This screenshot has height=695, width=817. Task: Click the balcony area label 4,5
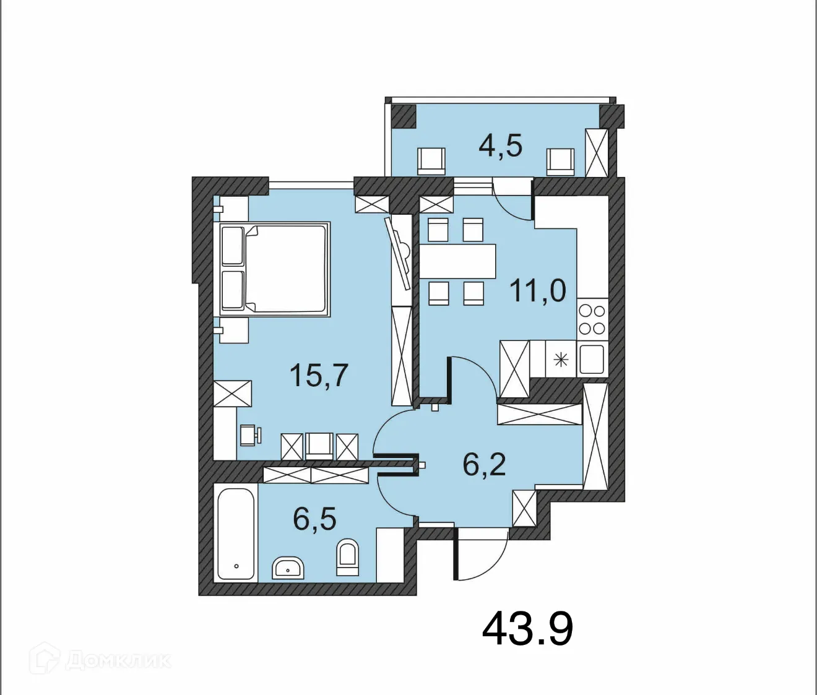[x=500, y=146]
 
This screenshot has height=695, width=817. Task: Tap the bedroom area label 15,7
[x=319, y=375]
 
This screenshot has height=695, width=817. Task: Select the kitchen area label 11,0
[x=537, y=290]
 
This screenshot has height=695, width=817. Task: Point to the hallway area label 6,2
[x=484, y=464]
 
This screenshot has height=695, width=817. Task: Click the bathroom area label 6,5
[x=314, y=519]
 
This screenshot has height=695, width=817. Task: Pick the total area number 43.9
[x=527, y=629]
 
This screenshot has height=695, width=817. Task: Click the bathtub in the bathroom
[x=236, y=534]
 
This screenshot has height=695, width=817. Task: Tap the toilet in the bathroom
[x=347, y=556]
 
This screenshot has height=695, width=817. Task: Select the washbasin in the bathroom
[x=288, y=568]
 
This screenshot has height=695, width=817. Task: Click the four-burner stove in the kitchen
[x=592, y=319]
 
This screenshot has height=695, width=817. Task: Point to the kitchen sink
[x=592, y=359]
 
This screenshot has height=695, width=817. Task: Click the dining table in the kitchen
[x=458, y=261]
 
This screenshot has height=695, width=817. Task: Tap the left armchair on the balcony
[x=431, y=161]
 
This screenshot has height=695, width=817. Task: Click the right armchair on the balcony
[x=560, y=162]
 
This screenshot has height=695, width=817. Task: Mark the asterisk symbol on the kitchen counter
[x=561, y=359]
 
